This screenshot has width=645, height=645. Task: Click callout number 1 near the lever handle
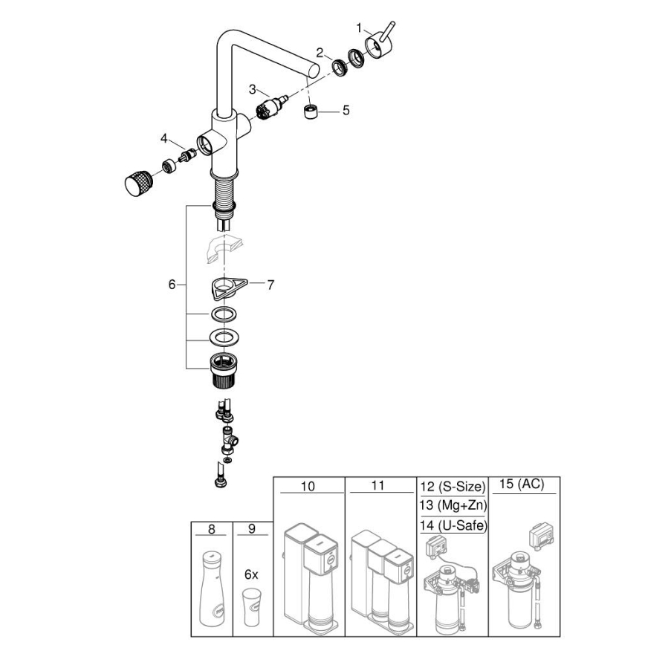pyautogui.click(x=359, y=27)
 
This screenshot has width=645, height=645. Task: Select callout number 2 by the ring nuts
pyautogui.click(x=319, y=52)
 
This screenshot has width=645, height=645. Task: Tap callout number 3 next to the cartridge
pyautogui.click(x=253, y=89)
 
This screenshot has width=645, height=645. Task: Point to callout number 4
pyautogui.click(x=163, y=137)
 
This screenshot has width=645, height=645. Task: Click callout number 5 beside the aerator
pyautogui.click(x=346, y=110)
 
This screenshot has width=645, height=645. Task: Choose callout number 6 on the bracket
pyautogui.click(x=172, y=284)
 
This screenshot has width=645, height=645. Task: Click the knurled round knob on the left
pyautogui.click(x=137, y=182)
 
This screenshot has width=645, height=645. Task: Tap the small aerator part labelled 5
pyautogui.click(x=311, y=114)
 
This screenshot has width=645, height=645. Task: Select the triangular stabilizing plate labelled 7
pyautogui.click(x=223, y=286)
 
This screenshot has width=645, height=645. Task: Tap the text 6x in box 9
pyautogui.click(x=251, y=574)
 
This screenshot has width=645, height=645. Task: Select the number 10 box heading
pyautogui.click(x=308, y=487)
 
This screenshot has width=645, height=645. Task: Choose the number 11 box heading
pyautogui.click(x=379, y=487)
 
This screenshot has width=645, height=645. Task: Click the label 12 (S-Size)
pyautogui.click(x=452, y=487)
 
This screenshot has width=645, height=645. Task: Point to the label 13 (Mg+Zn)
pyautogui.click(x=452, y=506)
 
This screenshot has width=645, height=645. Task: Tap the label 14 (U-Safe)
pyautogui.click(x=452, y=525)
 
